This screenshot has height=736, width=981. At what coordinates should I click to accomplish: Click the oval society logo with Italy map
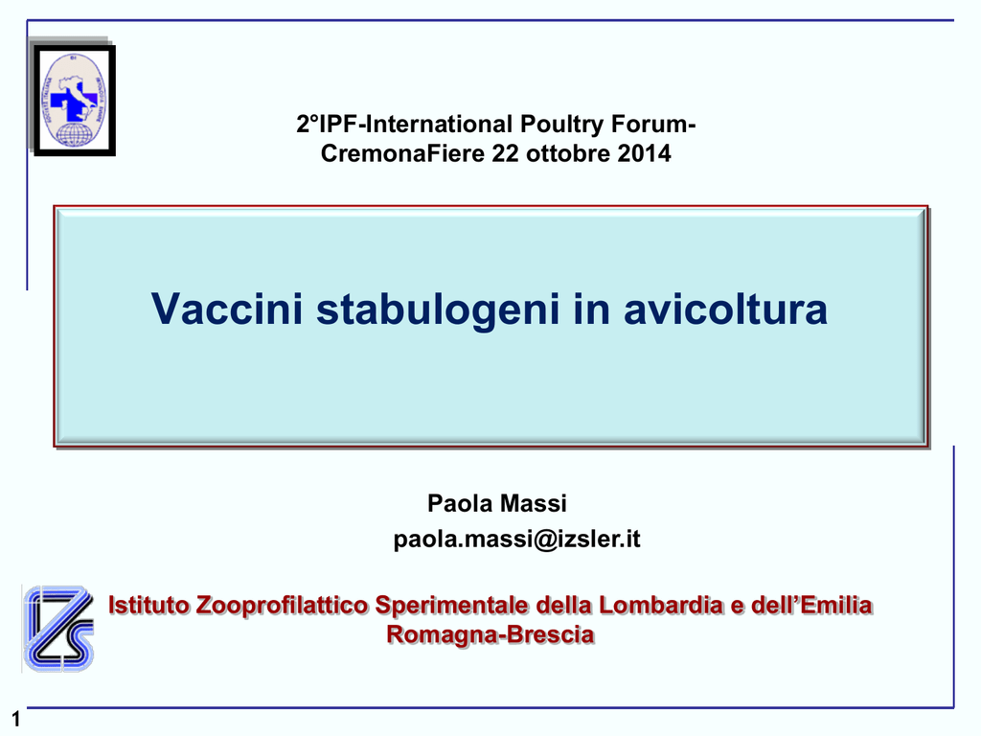[x=74, y=100]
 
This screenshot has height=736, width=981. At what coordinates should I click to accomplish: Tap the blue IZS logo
[x=58, y=629]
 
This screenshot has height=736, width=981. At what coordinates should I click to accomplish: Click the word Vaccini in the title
[x=227, y=309]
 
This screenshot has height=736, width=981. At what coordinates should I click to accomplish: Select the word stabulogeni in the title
[x=438, y=310]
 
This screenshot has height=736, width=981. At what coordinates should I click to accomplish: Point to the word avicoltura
[x=726, y=309]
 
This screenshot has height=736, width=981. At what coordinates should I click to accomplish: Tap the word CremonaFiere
[x=403, y=153]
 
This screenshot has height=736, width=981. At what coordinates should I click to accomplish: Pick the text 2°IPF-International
[x=405, y=124]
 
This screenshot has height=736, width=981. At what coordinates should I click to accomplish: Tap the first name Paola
[x=457, y=503]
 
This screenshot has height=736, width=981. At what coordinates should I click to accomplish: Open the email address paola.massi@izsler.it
[x=516, y=539]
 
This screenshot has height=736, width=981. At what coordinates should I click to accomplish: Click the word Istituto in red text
[x=148, y=606]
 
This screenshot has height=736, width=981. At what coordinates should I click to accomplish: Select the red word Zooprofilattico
[x=283, y=606]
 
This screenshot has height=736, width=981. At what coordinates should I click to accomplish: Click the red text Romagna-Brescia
[x=490, y=635]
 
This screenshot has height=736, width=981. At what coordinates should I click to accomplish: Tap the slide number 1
[x=15, y=719]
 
